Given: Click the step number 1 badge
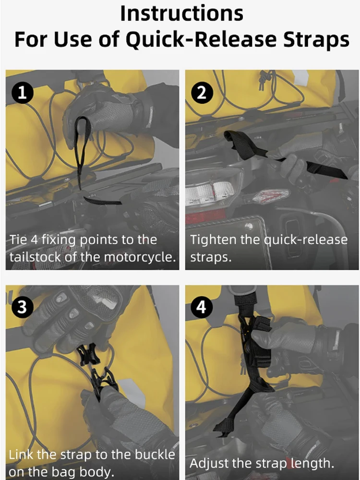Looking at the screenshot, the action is pyautogui.click(x=23, y=93).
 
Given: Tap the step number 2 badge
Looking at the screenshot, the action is pyautogui.click(x=202, y=93).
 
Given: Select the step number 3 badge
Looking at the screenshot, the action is pyautogui.click(x=23, y=307).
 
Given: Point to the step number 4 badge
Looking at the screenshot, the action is pyautogui.click(x=202, y=307).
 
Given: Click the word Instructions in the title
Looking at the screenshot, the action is pyautogui.click(x=182, y=13).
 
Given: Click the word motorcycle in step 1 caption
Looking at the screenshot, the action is pyautogui.click(x=139, y=257).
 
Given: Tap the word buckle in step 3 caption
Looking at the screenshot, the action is pyautogui.click(x=155, y=455).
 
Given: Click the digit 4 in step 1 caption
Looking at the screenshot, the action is pyautogui.click(x=34, y=240).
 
